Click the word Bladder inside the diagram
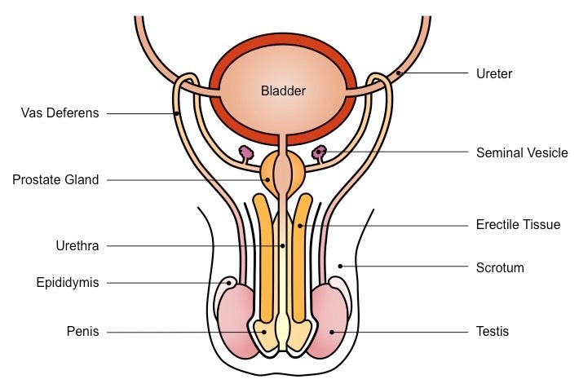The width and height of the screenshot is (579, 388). pos(284,91)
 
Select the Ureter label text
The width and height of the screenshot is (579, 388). pos(494,74)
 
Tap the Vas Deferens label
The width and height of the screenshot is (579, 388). pos(60,113)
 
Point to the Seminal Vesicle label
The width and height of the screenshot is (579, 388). pos(522,152)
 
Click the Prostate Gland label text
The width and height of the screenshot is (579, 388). pos(55,180)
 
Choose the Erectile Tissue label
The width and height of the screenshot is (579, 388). pos(518,224)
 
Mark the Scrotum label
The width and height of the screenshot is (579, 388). pos(499,267)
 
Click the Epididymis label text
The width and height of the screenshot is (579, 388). pos(68,283)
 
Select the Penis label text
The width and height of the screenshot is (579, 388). pos(82,332)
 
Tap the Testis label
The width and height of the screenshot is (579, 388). pos(493,332)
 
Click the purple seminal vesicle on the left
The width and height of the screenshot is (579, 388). pos(245,152)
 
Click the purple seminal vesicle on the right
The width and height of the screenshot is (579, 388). pos(320,152)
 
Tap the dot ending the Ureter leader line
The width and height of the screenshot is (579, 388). pos(398,74)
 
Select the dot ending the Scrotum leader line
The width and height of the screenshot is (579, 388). pos(341,267)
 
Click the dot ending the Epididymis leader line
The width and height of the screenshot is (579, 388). pos(229,283)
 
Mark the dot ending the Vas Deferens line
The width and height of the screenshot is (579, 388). pos(178,113)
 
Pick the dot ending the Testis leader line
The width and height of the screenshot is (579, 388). pos(332,332)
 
